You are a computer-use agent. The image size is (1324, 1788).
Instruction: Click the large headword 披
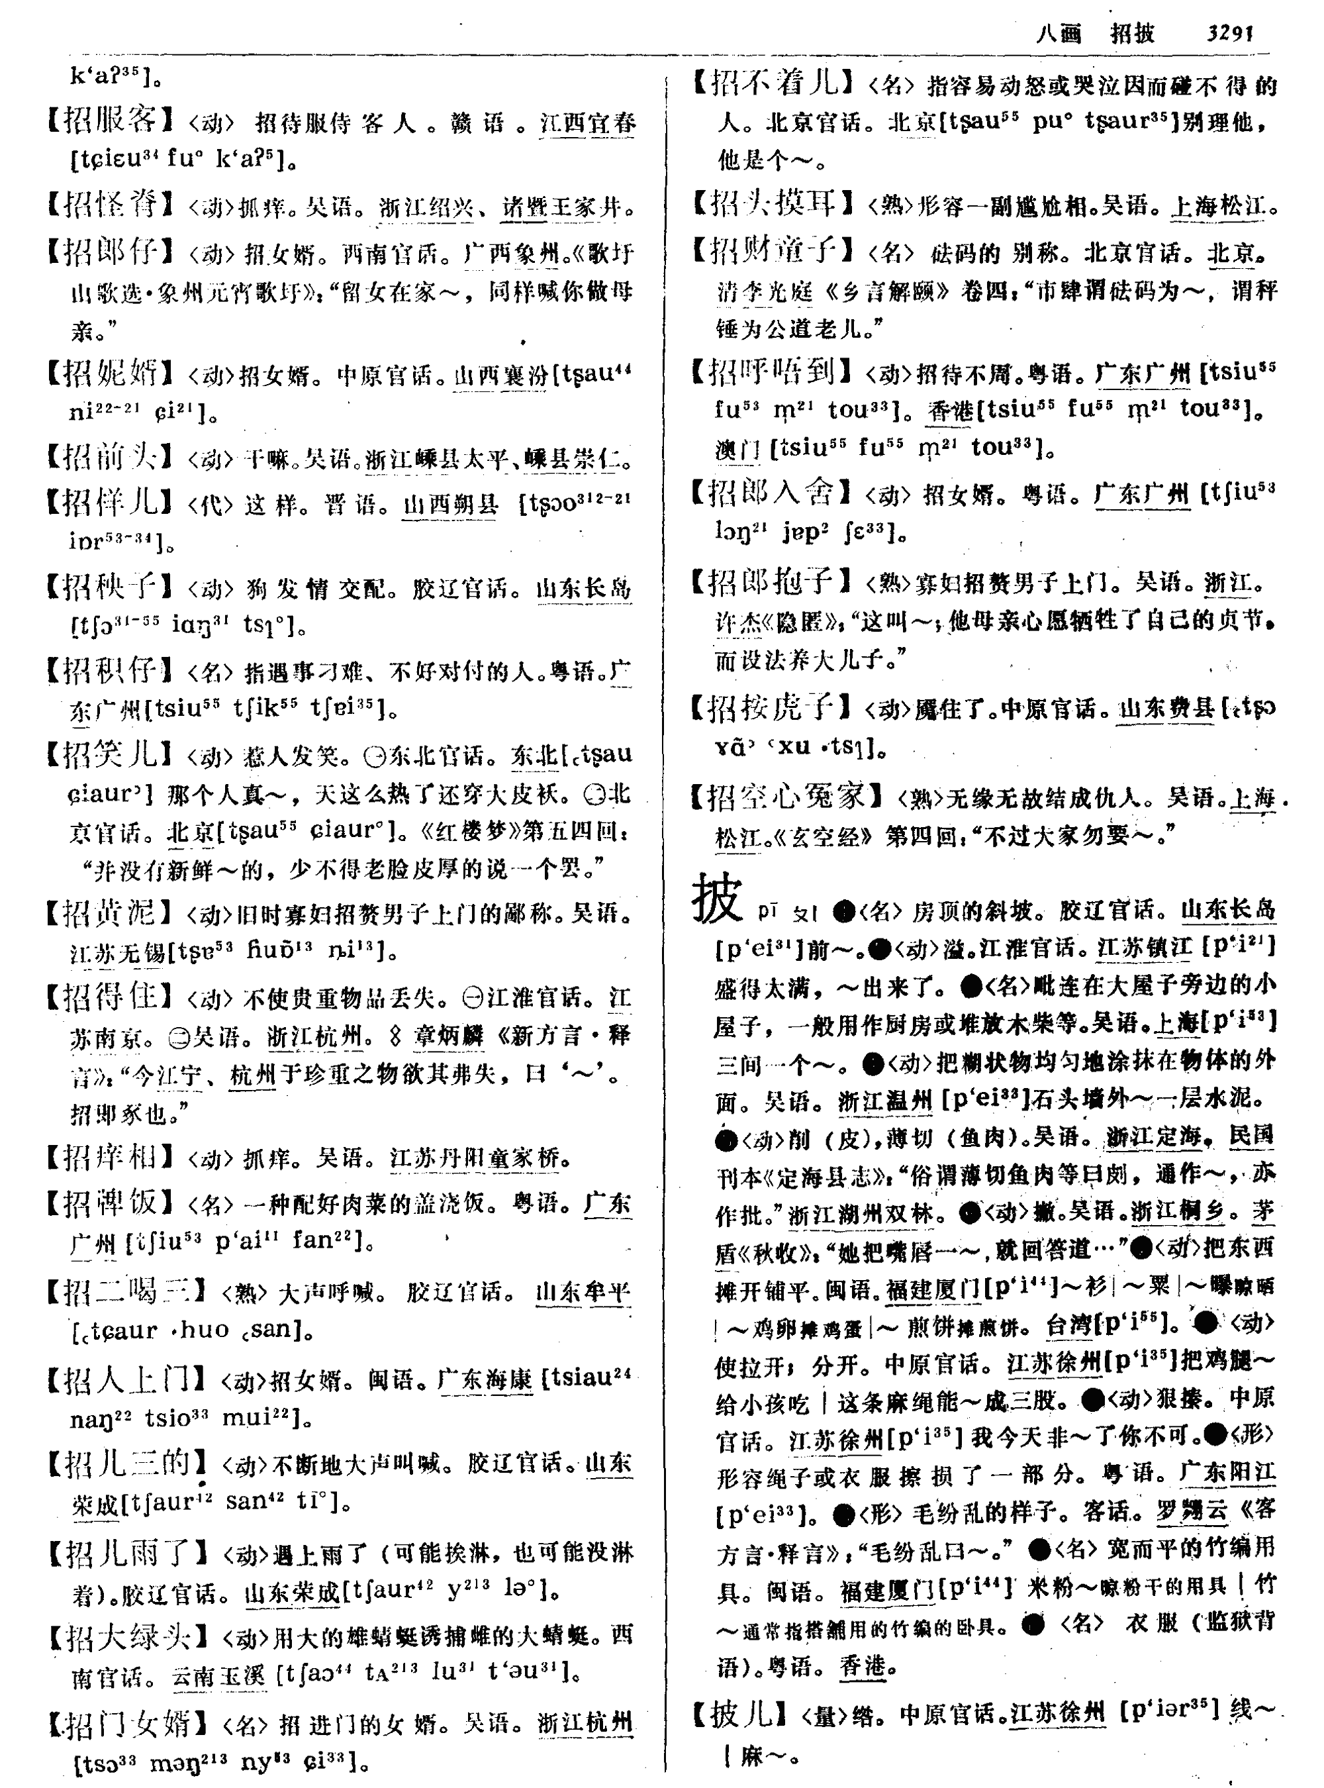coord(718,899)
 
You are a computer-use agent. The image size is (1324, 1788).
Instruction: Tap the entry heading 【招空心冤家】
coord(789,796)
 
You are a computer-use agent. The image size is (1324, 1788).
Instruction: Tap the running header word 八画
coord(1059,33)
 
